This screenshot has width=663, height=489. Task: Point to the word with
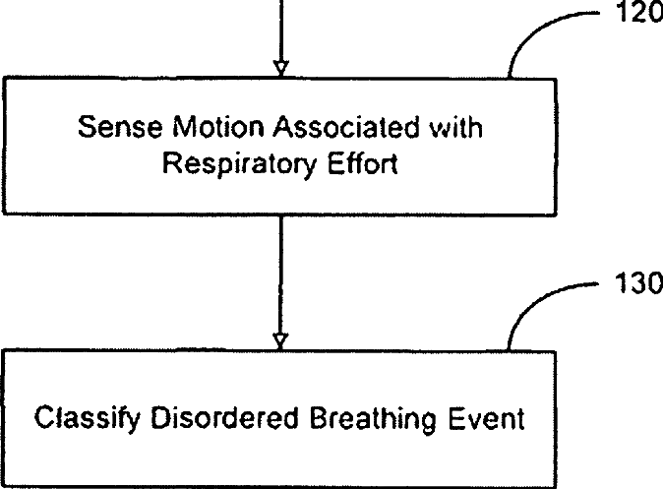(461, 129)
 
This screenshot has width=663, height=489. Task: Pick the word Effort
(366, 163)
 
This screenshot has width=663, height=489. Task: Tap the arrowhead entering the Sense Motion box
(281, 69)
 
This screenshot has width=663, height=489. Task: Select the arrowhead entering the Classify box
(281, 340)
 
